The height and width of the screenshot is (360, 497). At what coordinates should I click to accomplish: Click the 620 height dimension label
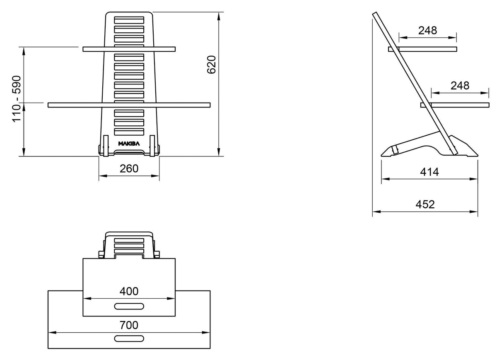[211, 65]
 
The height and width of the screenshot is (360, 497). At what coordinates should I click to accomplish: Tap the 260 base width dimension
[129, 169]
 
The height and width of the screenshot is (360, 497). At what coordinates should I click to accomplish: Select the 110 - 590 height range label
[17, 99]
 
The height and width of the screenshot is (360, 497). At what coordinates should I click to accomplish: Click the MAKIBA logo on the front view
[129, 144]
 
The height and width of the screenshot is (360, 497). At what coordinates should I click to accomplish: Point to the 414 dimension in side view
[429, 172]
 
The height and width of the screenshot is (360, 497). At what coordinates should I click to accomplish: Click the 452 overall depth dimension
[425, 204]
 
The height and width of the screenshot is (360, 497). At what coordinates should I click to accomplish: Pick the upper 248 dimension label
[427, 31]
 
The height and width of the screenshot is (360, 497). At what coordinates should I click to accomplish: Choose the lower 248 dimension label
[460, 86]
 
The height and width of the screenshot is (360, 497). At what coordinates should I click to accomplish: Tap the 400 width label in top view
[129, 291]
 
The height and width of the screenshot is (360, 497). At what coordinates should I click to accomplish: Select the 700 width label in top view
[129, 325]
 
